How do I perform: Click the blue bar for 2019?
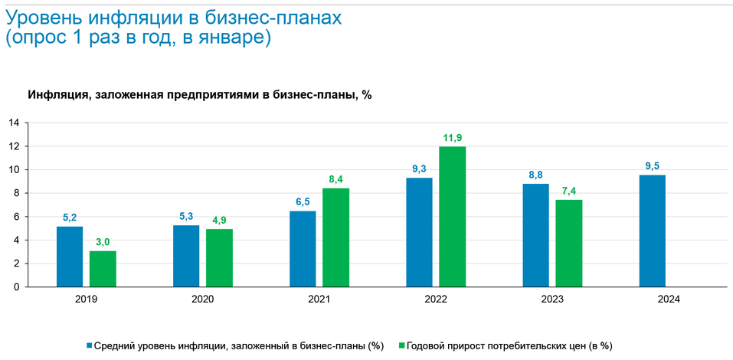coord(70,257)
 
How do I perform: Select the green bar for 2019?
coord(103,269)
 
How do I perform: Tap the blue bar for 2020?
coord(186,256)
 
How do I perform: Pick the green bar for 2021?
coord(335,237)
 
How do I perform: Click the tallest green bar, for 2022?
coord(453,217)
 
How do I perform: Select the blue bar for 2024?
coord(652,231)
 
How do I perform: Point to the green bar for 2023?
coord(569,243)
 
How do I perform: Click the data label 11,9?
coord(453,138)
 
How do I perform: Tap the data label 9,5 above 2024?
coord(652,165)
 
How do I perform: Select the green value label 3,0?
coord(103,242)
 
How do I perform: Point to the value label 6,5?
coord(303,201)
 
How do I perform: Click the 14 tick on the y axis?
coord(13,123)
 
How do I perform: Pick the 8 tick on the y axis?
coord(15,193)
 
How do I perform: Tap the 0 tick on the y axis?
coord(15,287)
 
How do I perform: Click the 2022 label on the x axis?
coord(436,299)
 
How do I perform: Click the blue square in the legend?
coord(90,345)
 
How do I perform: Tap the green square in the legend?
coord(401,345)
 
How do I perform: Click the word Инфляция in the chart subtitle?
coord(57,95)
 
